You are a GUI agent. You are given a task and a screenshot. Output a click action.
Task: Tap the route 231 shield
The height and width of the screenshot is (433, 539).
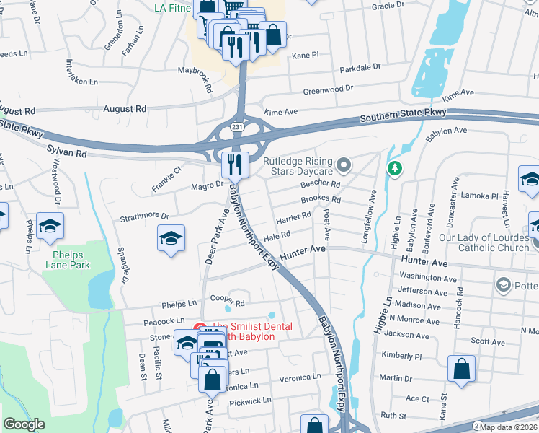point(237,127)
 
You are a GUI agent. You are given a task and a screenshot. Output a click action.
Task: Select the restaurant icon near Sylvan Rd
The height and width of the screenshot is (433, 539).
point(235,165)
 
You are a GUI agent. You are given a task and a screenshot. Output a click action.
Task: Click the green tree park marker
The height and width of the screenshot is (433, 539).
point(394,169)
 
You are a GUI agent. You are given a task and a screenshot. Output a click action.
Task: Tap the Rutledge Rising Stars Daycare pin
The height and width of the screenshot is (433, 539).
point(344,166)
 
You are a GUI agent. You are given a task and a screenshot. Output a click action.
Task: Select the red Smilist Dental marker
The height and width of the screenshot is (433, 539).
point(200,328)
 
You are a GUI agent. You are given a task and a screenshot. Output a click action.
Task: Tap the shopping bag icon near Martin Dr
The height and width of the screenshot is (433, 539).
point(461,369)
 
